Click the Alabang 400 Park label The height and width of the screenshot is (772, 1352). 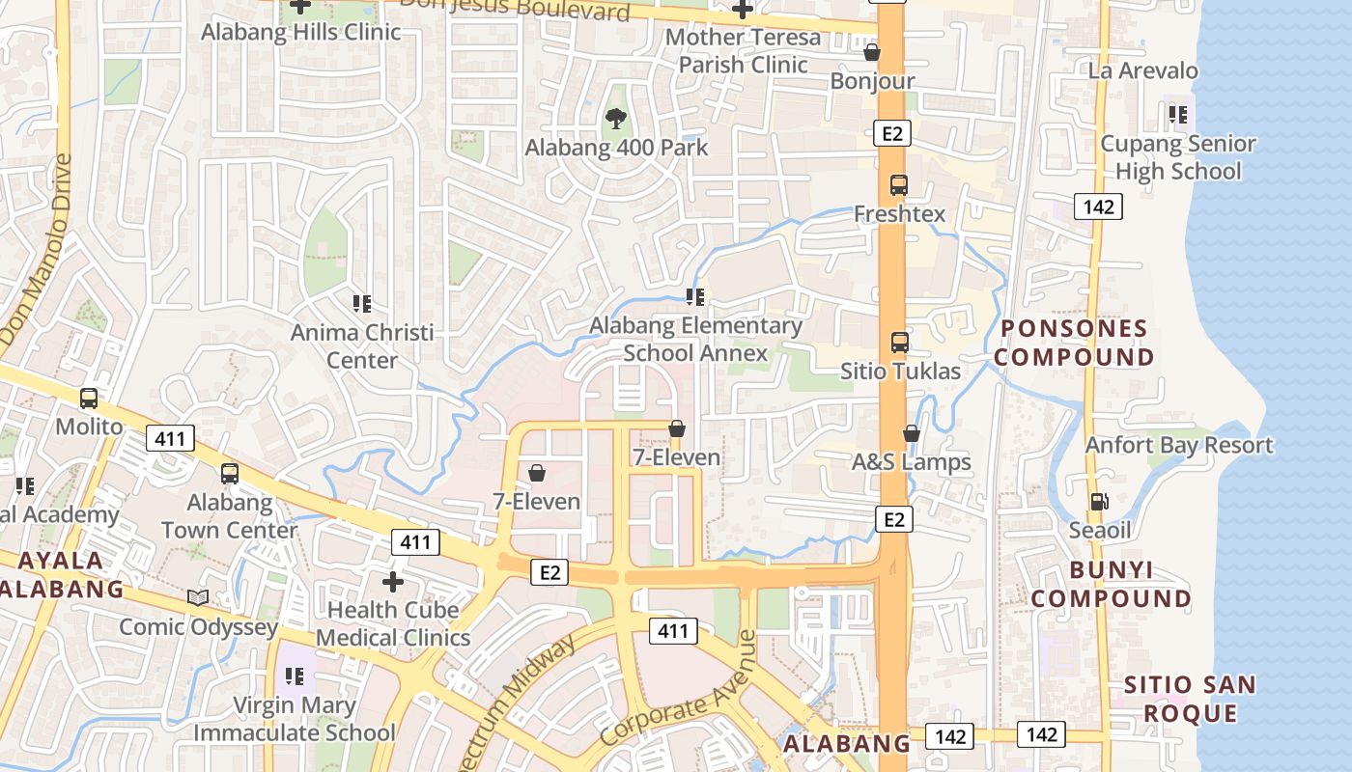616,148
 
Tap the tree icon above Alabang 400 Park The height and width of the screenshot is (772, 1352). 615,120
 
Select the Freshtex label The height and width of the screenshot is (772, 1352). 899,213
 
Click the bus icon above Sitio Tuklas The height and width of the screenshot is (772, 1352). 899,343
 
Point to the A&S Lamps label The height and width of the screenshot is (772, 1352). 911,462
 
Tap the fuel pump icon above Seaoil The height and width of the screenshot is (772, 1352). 1099,502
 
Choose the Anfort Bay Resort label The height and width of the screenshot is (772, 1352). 1179,445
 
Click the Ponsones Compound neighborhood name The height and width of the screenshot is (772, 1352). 1074,343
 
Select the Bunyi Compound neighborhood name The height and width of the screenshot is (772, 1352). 1111,584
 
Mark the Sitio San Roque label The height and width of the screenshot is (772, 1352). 1190,700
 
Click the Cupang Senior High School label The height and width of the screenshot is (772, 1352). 1178,157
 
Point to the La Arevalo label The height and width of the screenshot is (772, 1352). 1142,70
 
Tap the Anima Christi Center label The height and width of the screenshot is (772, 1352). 362,346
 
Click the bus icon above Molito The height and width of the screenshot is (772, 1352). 89,399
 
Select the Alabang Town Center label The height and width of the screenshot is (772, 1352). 230,516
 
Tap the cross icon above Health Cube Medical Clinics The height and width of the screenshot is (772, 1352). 393,582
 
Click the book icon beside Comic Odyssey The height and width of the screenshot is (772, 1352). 198,598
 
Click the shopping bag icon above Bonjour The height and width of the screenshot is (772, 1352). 871,52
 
